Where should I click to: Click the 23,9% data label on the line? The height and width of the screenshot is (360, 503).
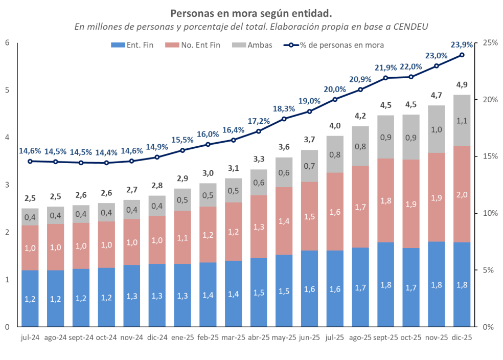click(461, 44)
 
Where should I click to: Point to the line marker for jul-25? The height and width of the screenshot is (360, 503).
click(335, 99)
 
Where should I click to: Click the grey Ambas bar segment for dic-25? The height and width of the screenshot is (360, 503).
click(462, 120)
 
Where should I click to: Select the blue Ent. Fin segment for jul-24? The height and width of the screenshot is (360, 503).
click(30, 298)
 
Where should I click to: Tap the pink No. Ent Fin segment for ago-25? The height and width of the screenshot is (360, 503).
click(360, 207)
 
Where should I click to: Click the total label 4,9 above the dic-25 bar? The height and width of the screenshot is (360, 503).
click(462, 84)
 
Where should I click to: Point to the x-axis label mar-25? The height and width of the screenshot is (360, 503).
click(233, 338)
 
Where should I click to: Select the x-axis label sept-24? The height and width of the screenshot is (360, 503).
click(81, 338)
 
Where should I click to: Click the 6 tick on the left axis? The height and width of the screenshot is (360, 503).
click(7, 42)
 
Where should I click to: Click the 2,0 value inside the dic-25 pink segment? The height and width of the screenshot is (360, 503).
click(462, 194)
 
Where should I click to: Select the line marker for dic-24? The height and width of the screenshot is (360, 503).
click(157, 157)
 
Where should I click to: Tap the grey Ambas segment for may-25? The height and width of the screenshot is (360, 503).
click(284, 172)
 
